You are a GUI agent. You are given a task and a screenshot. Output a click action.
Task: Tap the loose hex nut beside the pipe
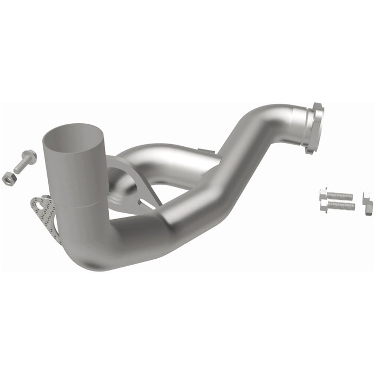[9, 179]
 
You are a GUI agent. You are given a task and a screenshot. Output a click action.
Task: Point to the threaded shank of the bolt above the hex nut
[20, 166]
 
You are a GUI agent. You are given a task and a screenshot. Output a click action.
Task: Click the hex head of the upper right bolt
[323, 193]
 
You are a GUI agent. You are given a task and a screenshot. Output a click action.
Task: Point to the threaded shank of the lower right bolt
[343, 206]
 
